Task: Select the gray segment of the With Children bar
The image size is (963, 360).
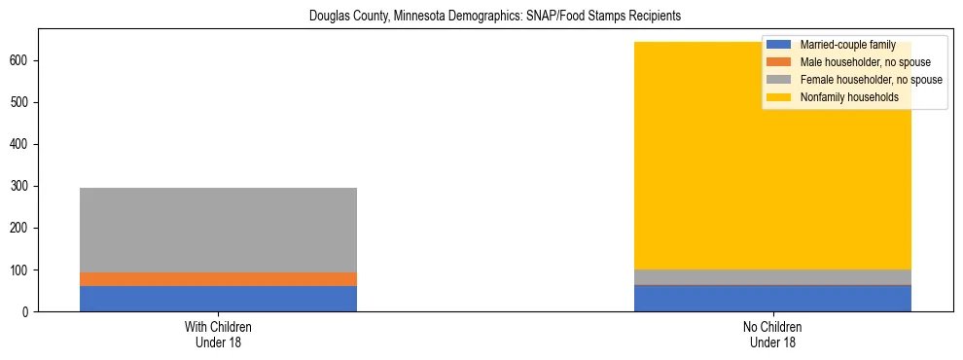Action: point(218,230)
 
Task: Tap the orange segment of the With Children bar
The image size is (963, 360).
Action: point(218,279)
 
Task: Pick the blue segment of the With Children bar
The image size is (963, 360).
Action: point(218,299)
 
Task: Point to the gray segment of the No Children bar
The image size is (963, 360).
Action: point(772,277)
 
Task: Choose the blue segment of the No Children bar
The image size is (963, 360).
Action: point(772,299)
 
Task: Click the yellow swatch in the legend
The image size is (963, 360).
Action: point(779,97)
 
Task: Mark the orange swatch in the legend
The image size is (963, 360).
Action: point(779,62)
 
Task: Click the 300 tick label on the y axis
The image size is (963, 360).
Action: point(22,186)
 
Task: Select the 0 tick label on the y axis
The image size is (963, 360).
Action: point(27,311)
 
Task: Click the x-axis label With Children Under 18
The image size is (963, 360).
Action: point(218,334)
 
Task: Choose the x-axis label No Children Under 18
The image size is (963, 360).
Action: point(772,334)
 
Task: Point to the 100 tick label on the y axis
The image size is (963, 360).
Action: point(22,270)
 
